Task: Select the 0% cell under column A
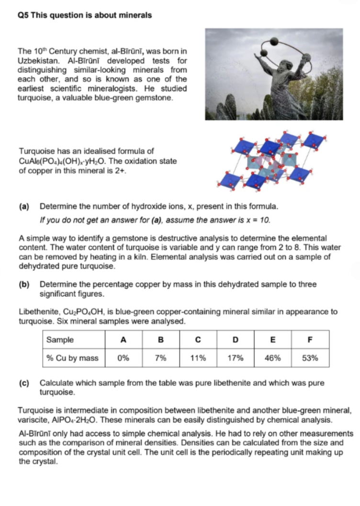tap(123, 358)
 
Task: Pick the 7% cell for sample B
tap(160, 358)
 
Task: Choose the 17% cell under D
tap(235, 358)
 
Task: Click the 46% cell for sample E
tap(272, 358)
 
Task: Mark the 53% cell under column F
tap(310, 358)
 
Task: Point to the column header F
tap(310, 340)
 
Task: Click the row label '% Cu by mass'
tap(72, 358)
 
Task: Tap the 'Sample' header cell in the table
tap(60, 340)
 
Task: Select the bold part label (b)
tap(24, 284)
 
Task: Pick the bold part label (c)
tap(24, 383)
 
